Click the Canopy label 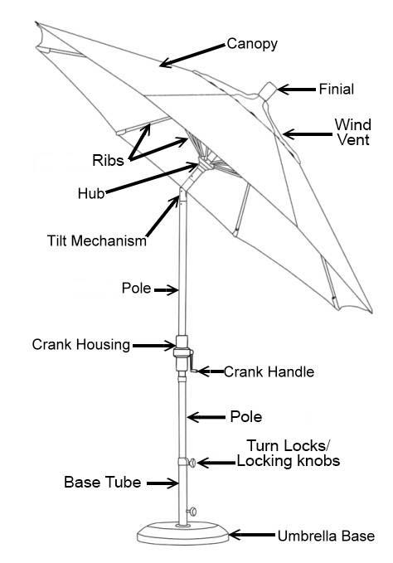click(x=252, y=44)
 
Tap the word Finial click(x=337, y=89)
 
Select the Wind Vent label click(x=353, y=132)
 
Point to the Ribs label click(x=108, y=160)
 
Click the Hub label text click(x=91, y=193)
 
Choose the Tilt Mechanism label click(x=97, y=240)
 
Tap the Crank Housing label click(x=81, y=345)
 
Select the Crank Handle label click(x=269, y=371)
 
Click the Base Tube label click(x=103, y=482)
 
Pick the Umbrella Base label click(x=326, y=536)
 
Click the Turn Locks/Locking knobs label click(x=289, y=453)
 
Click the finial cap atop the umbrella click(x=268, y=91)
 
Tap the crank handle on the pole click(x=192, y=362)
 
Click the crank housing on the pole click(x=182, y=353)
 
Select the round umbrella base click(x=182, y=534)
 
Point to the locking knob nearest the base click(x=192, y=512)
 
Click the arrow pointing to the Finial click(x=297, y=90)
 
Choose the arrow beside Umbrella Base click(x=252, y=535)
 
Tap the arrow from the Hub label click(x=152, y=178)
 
